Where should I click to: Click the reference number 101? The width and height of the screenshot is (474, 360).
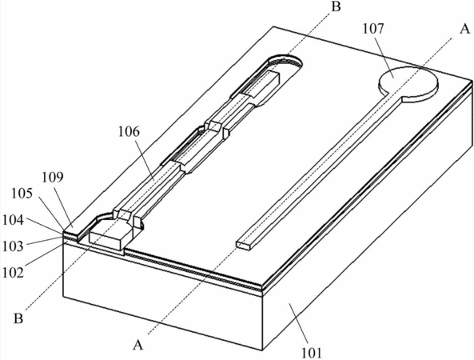(312, 353)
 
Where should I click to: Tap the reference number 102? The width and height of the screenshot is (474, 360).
(13, 273)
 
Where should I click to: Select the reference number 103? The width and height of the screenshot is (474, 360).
(13, 246)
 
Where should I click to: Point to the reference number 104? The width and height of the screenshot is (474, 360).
(13, 220)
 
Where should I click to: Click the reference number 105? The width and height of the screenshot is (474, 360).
(22, 194)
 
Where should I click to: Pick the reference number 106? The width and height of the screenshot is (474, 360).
(129, 132)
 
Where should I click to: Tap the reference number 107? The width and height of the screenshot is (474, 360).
(373, 29)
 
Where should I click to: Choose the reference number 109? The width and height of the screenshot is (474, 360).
(52, 178)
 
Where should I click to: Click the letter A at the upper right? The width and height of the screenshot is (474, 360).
(464, 30)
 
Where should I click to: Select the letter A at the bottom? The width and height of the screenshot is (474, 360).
(137, 345)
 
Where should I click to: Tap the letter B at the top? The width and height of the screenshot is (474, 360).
(336, 6)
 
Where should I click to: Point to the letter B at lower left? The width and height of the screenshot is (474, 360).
(18, 318)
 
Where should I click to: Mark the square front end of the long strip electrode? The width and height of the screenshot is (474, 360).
(243, 246)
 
